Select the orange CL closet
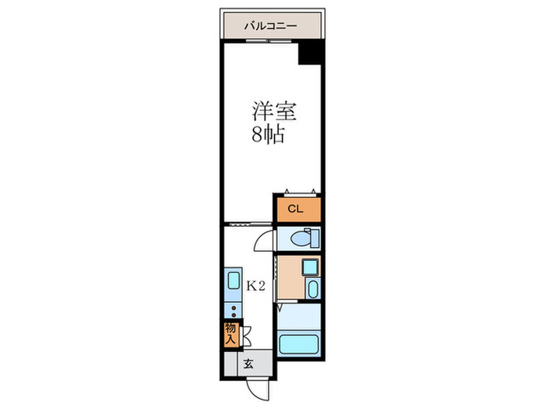point(296,209)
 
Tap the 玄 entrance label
point(248,364)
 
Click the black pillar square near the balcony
point(311,54)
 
